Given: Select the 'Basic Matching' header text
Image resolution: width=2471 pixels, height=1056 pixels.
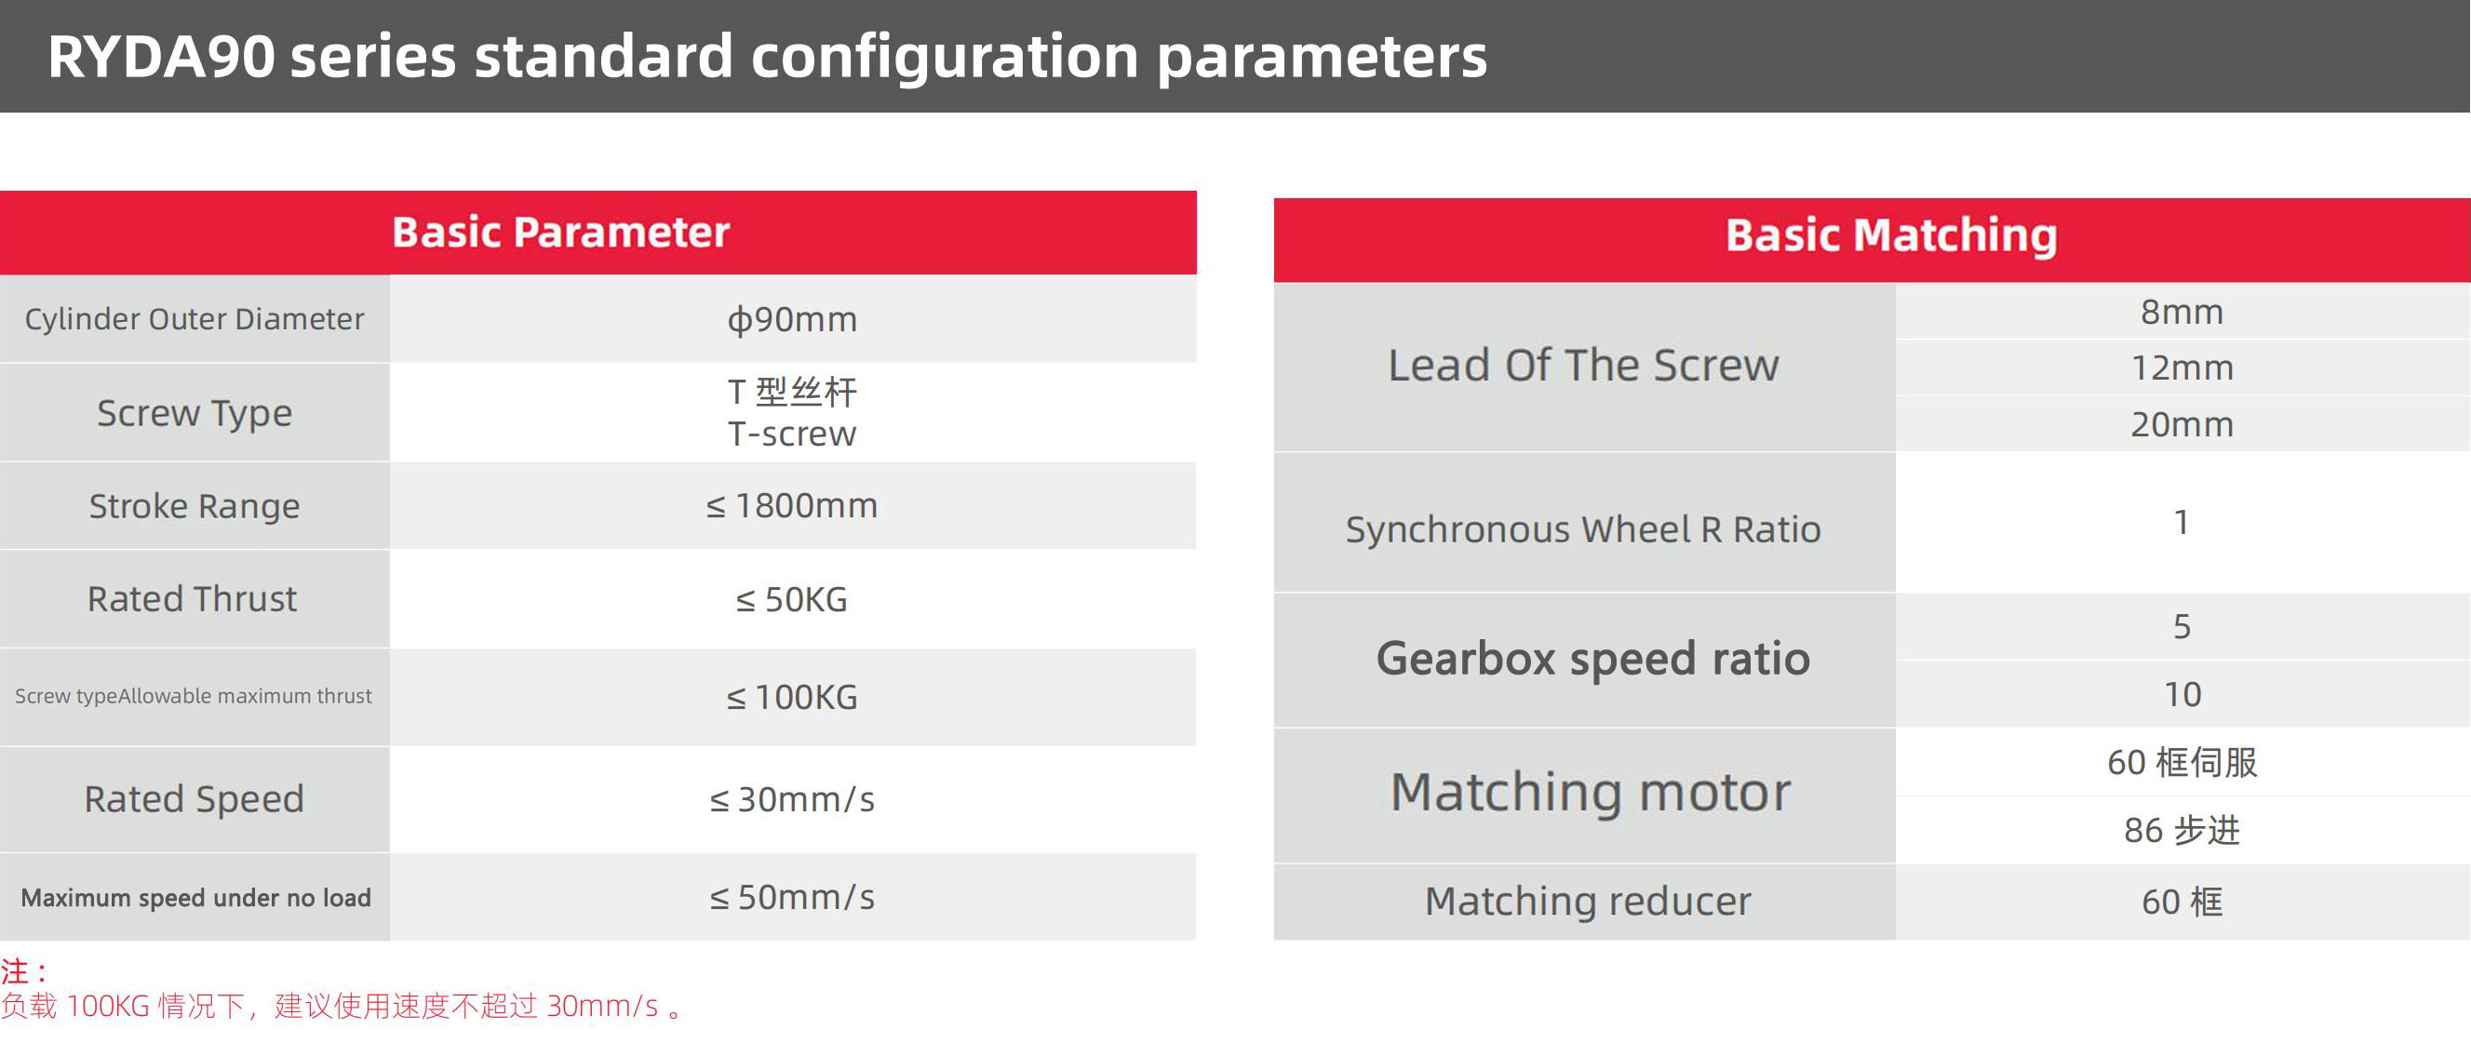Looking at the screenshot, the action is pyautogui.click(x=1890, y=236).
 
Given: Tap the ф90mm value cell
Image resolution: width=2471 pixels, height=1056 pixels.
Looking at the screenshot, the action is pyautogui.click(x=792, y=319).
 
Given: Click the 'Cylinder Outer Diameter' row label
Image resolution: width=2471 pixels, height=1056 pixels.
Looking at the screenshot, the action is pyautogui.click(x=195, y=319).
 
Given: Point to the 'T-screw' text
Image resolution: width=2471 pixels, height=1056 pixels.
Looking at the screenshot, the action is pyautogui.click(x=792, y=434).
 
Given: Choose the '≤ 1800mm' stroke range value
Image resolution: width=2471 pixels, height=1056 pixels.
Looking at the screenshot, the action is pyautogui.click(x=792, y=505).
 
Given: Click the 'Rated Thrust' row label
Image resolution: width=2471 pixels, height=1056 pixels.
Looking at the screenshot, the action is pyautogui.click(x=193, y=599).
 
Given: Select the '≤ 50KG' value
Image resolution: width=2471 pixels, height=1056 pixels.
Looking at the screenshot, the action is pyautogui.click(x=792, y=600).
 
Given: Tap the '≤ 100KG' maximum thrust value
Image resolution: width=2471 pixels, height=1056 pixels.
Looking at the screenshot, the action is pyautogui.click(x=792, y=697).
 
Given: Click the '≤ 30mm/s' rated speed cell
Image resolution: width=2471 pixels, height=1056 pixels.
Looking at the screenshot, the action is pyautogui.click(x=792, y=799).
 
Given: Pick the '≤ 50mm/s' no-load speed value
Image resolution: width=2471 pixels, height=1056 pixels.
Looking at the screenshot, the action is pyautogui.click(x=792, y=898).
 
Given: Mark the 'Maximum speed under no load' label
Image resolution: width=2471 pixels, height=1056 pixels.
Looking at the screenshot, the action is pyautogui.click(x=195, y=898).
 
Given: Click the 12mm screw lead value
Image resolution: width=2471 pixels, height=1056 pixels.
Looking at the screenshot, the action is pyautogui.click(x=2182, y=368).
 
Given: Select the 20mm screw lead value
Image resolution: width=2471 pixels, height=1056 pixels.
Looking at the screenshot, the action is pyautogui.click(x=2182, y=425).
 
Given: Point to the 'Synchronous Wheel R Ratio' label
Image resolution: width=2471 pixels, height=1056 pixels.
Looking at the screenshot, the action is pyautogui.click(x=1584, y=529).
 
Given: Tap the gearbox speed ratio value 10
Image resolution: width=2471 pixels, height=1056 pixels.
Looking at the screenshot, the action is pyautogui.click(x=2182, y=694).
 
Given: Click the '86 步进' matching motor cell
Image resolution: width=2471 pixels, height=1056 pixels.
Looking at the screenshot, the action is pyautogui.click(x=2182, y=830).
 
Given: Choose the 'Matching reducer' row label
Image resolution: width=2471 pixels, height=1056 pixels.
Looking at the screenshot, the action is pyautogui.click(x=1588, y=902).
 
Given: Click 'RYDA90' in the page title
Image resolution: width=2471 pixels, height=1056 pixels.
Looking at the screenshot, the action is pyautogui.click(x=161, y=57).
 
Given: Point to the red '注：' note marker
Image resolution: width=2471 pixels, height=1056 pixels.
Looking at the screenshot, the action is pyautogui.click(x=24, y=971).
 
